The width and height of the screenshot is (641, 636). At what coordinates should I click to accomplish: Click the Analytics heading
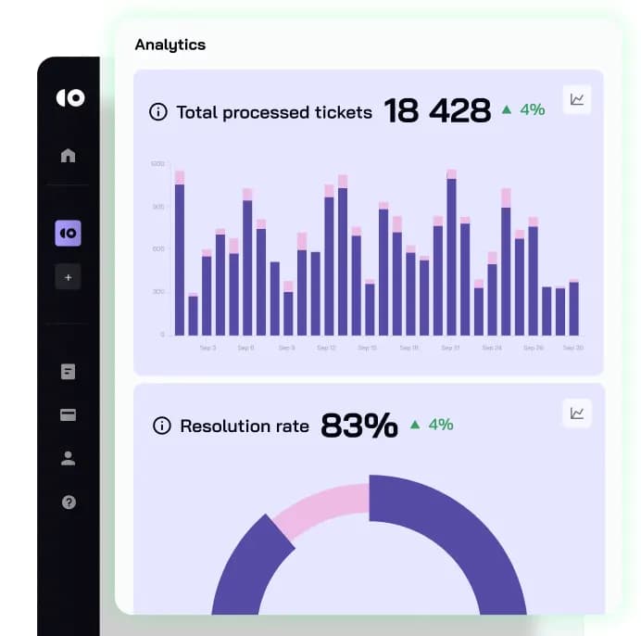[170, 45]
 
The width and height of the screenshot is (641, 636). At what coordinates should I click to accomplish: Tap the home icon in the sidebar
[68, 155]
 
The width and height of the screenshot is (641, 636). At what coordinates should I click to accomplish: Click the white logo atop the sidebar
[69, 97]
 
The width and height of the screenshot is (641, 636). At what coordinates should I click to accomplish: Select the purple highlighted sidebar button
[68, 234]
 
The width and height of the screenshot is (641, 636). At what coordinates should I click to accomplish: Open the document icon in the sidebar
[68, 372]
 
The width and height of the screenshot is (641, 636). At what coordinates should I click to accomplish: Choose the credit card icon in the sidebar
[68, 415]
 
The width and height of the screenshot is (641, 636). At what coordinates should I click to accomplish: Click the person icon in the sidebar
[68, 458]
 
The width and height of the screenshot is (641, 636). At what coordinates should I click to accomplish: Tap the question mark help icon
[68, 502]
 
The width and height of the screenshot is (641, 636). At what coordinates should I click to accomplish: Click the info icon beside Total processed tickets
[158, 112]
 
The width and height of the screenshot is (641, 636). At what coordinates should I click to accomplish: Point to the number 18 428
[437, 111]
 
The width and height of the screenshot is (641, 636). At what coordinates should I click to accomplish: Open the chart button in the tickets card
[577, 99]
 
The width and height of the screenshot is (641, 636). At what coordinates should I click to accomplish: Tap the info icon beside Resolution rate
[162, 426]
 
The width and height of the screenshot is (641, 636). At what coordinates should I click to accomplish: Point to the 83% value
[359, 426]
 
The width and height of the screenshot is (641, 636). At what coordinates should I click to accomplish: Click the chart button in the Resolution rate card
[577, 413]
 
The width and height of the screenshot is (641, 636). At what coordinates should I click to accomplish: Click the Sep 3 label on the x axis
[207, 349]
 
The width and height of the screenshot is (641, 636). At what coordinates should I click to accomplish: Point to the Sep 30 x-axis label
[573, 349]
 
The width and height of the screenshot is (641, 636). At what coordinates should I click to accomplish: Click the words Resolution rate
[245, 426]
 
